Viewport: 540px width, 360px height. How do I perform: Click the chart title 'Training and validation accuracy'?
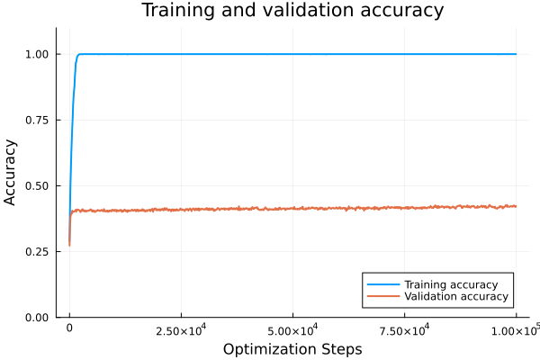click(292, 12)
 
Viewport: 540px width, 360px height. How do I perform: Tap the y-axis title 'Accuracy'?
click(12, 171)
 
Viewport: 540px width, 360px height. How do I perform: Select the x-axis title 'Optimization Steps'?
click(292, 348)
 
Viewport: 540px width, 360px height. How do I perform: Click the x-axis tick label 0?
click(69, 330)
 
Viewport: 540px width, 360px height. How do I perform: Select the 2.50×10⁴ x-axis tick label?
click(181, 330)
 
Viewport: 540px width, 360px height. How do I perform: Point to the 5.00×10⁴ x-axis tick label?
click(292, 330)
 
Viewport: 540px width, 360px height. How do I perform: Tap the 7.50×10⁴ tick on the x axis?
click(404, 330)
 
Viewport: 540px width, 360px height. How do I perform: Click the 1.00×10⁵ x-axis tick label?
click(515, 329)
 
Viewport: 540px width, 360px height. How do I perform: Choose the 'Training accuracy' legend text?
click(451, 284)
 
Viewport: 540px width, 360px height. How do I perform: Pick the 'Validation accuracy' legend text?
click(455, 296)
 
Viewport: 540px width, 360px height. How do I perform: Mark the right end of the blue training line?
click(517, 54)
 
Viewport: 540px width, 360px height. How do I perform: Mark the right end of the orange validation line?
click(517, 206)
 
